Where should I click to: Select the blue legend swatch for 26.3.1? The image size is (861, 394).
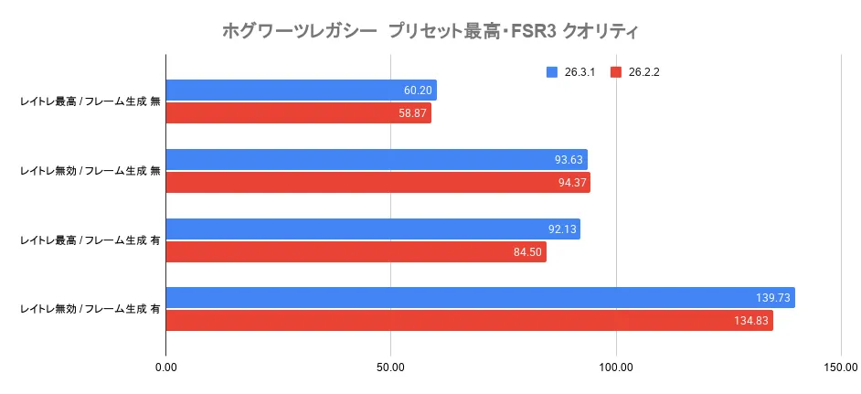click(x=551, y=72)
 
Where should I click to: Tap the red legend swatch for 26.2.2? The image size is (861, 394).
click(x=616, y=72)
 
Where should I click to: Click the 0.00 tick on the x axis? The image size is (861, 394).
click(x=165, y=368)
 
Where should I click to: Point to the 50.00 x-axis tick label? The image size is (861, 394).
click(x=391, y=368)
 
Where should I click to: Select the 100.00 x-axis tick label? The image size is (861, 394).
click(x=616, y=368)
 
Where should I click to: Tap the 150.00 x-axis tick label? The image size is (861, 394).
click(x=841, y=368)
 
